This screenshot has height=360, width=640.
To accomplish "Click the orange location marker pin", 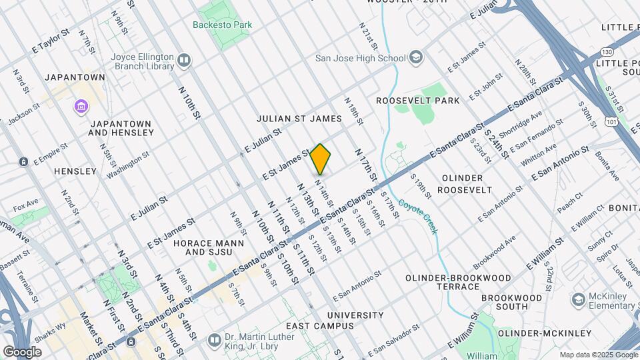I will click(321, 159).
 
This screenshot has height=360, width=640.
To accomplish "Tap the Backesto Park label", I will click(223, 25).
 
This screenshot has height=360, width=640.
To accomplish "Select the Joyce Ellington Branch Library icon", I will click(185, 61).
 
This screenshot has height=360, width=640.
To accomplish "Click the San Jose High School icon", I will click(417, 58).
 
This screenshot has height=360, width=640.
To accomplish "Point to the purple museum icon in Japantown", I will click(81, 107).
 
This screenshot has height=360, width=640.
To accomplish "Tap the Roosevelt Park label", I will click(418, 101).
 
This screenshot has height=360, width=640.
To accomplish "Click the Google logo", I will click(22, 351).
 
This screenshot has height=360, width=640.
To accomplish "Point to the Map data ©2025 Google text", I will click(598, 355).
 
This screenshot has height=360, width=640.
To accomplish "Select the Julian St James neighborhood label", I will click(299, 119).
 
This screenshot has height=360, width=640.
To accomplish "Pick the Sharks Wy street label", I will click(50, 331).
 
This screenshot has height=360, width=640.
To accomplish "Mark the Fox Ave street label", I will click(25, 205).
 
